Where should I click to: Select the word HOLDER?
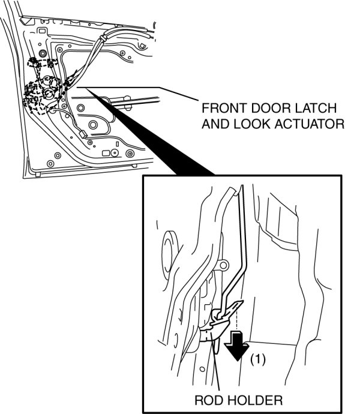tap(254, 399)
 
